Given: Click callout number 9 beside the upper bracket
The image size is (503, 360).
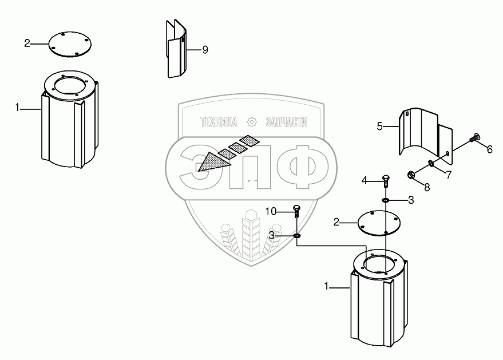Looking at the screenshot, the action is (205, 50).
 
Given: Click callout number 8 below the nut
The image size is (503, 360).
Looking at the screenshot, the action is (427, 186).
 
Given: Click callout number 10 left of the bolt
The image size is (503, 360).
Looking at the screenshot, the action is (271, 212).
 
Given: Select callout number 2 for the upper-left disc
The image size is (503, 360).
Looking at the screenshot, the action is (27, 43).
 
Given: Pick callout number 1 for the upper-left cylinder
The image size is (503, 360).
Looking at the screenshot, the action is (18, 107).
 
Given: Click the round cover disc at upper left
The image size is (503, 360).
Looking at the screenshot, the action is (68, 44).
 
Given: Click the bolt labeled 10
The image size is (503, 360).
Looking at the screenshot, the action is (296, 211).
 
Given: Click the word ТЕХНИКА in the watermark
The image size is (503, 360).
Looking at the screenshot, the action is (218, 122).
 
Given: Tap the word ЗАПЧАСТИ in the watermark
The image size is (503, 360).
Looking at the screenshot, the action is (287, 122).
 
